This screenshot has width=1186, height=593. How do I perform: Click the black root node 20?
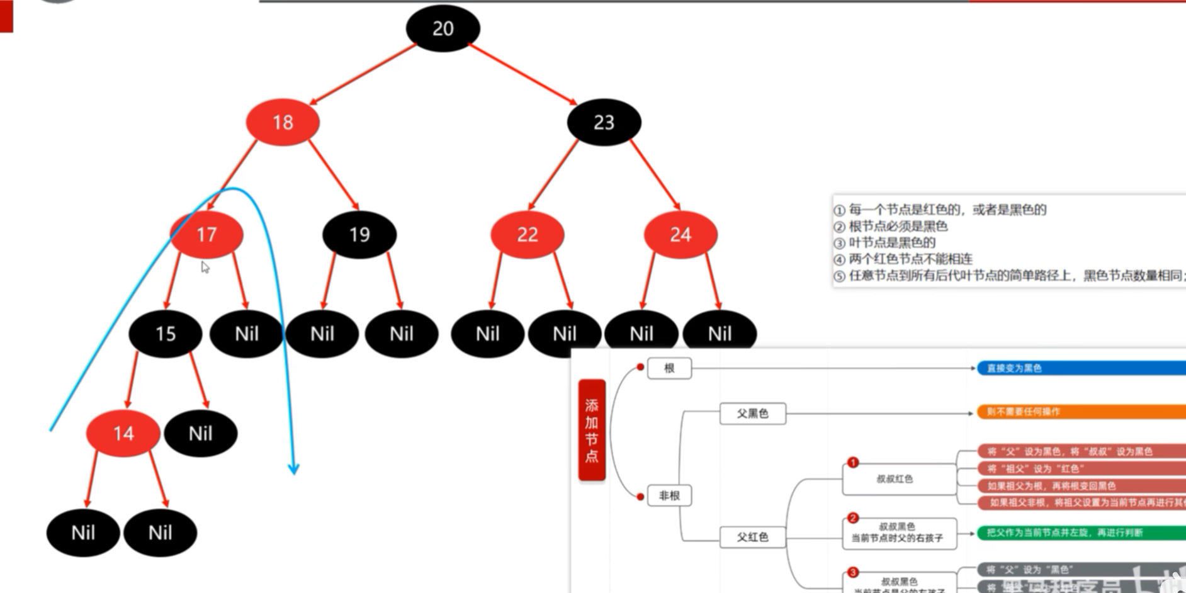443,28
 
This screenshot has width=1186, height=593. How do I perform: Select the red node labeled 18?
283,122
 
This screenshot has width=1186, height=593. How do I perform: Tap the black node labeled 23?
604,122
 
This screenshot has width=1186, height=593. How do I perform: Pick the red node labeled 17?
206,235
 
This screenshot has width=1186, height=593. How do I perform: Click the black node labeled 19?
359,235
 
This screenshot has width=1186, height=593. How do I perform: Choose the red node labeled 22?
528,235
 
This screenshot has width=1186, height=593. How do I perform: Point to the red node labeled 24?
681,235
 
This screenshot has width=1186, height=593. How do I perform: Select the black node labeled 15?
166,334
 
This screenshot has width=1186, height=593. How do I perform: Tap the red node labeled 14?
123,433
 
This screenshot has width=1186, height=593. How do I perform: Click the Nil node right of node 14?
201,433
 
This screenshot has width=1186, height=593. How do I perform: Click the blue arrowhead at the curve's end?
293,468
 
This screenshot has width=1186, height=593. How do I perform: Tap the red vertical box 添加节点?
592,430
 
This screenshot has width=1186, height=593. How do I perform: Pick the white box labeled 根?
669,368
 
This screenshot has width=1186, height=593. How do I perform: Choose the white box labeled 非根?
669,496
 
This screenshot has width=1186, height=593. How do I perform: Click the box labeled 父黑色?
753,414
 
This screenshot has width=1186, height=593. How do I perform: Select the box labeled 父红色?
753,537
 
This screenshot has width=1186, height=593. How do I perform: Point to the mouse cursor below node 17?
205,267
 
